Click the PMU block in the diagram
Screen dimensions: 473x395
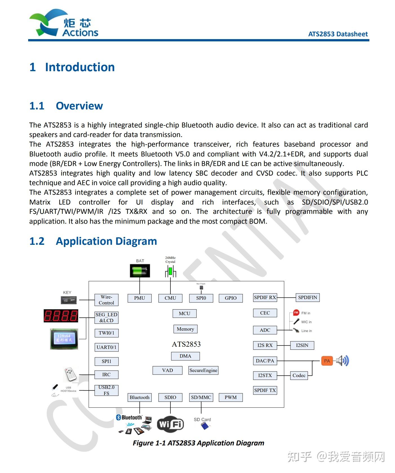click(139, 298)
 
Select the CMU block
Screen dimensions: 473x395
click(170, 298)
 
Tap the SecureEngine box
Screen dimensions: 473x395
click(203, 370)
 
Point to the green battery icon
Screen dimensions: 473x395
click(140, 271)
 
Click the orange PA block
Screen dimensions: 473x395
click(327, 361)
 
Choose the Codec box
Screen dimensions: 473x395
click(299, 375)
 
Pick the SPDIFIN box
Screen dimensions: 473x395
click(307, 297)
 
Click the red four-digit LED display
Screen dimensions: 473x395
click(61, 316)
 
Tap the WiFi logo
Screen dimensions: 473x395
click(170, 424)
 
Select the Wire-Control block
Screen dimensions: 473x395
click(106, 300)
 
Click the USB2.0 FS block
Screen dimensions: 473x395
click(106, 390)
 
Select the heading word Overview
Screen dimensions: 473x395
click(79, 106)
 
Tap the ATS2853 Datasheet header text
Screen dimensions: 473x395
click(338, 34)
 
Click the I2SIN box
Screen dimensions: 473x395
click(302, 345)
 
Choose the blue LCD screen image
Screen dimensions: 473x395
click(64, 339)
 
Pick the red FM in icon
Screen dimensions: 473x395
click(296, 313)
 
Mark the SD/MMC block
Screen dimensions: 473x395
click(201, 397)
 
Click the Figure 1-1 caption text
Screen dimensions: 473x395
click(198, 443)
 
